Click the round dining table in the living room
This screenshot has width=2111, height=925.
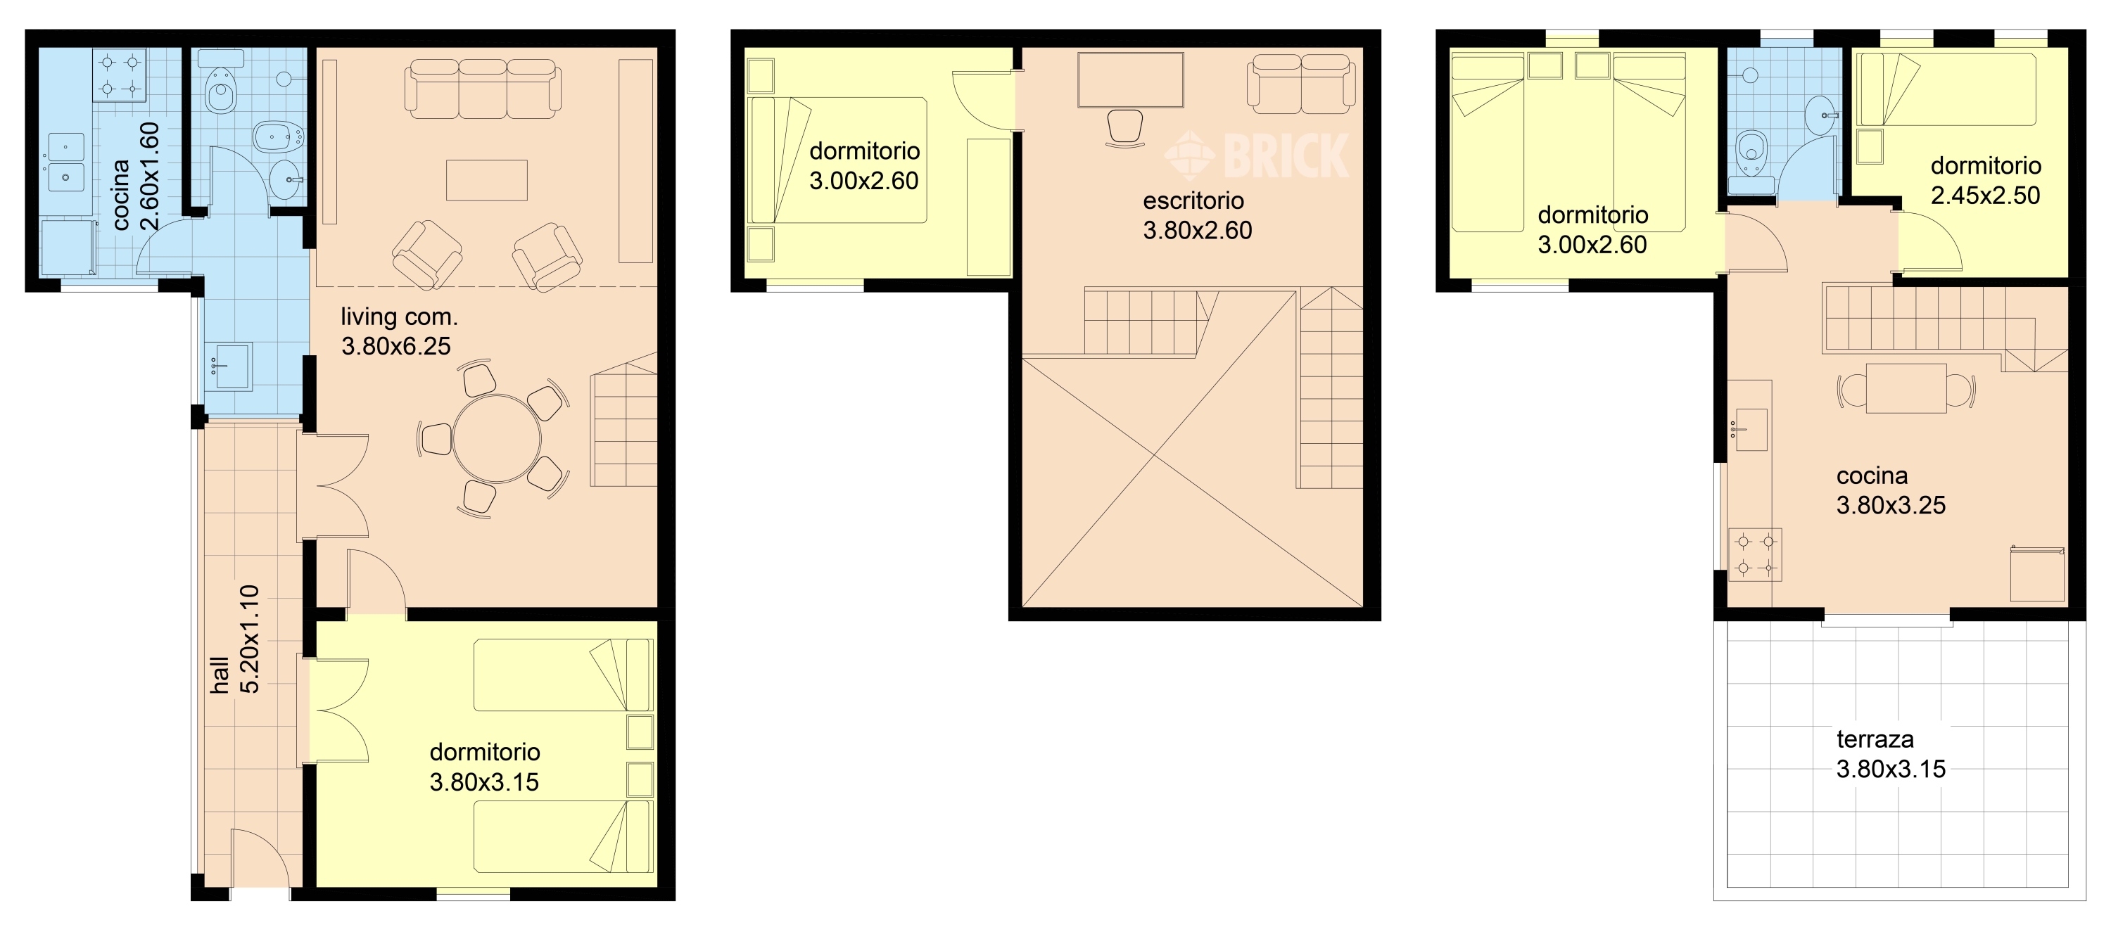click(497, 439)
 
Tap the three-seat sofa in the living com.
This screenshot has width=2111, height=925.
click(483, 89)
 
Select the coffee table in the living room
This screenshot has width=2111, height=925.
click(487, 180)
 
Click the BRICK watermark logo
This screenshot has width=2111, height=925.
click(1256, 155)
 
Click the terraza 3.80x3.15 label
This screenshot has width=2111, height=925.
click(1890, 754)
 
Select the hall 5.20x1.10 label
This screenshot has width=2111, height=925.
click(234, 640)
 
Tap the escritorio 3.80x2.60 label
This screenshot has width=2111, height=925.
click(1197, 215)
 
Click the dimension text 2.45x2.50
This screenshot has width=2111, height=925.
click(1985, 195)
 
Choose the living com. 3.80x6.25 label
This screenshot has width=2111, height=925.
click(398, 331)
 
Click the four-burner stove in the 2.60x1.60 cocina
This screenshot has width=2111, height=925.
click(120, 75)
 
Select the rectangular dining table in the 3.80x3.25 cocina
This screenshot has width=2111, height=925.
click(1906, 388)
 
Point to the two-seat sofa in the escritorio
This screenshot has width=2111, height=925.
click(1300, 84)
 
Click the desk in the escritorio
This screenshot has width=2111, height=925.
click(1130, 80)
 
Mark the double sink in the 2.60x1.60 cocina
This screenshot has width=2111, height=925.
click(65, 162)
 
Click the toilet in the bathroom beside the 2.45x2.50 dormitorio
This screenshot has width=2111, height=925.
click(1751, 153)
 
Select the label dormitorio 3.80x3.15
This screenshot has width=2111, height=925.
click(484, 767)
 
